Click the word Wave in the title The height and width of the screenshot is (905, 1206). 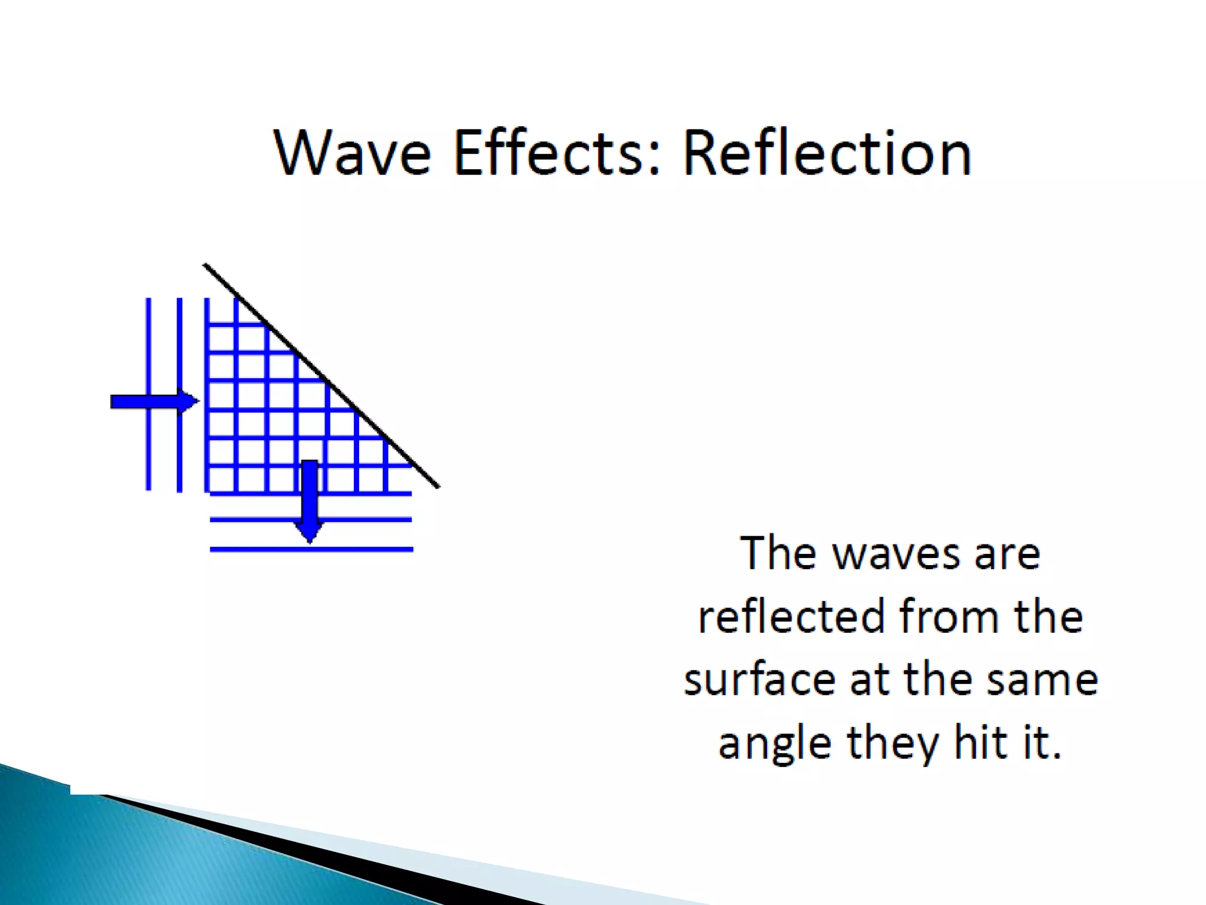pyautogui.click(x=352, y=153)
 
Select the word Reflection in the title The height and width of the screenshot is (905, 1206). pyautogui.click(x=827, y=153)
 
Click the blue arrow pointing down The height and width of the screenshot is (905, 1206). pyautogui.click(x=310, y=501)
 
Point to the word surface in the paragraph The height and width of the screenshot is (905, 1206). pyautogui.click(x=760, y=679)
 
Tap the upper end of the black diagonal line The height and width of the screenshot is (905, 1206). pyautogui.click(x=205, y=265)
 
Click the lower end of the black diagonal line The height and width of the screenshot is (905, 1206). pyautogui.click(x=438, y=487)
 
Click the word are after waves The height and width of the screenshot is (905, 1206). pyautogui.click(x=1008, y=554)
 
